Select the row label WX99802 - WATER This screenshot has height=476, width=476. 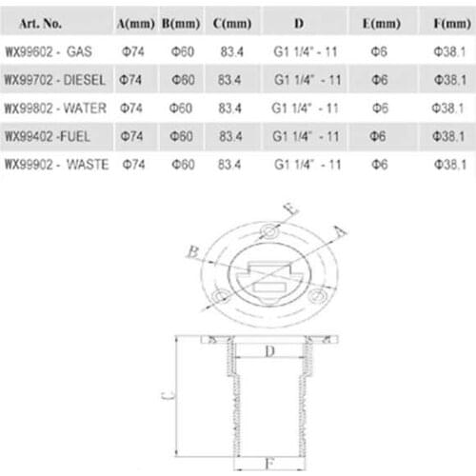(55, 109)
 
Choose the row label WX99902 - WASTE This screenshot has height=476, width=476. (55, 165)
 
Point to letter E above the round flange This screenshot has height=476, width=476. (292, 211)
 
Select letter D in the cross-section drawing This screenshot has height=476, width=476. (269, 352)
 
